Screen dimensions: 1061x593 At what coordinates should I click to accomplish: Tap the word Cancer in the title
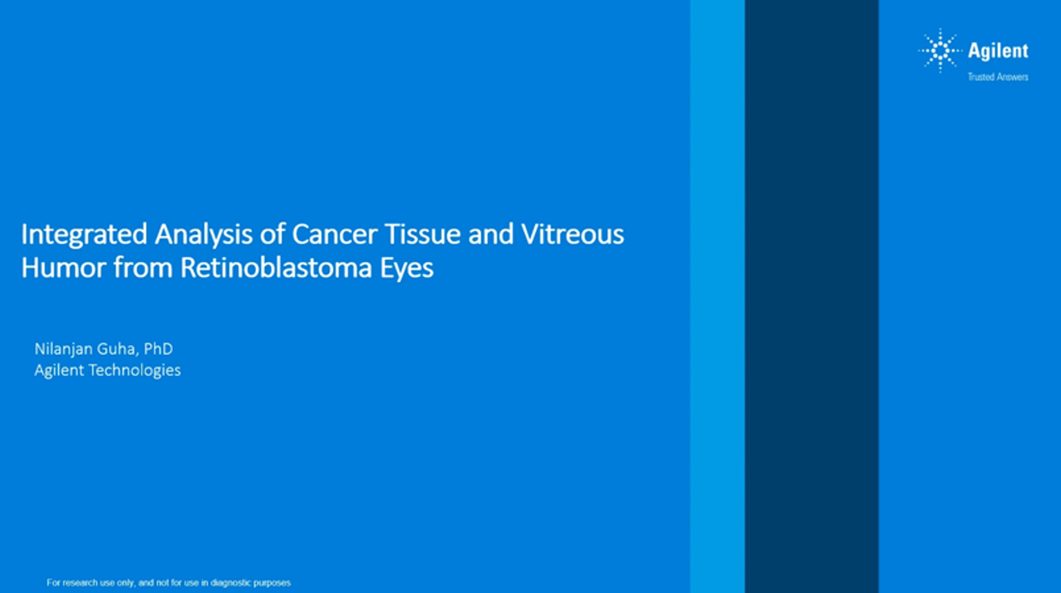[334, 234]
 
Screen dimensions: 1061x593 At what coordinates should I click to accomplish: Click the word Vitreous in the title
[572, 234]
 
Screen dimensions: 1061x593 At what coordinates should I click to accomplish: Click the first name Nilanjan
[64, 349]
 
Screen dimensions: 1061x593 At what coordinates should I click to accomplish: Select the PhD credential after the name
[158, 349]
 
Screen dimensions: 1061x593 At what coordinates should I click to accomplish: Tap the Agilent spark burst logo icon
[940, 51]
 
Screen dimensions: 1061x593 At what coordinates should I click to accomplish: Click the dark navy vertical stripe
[811, 297]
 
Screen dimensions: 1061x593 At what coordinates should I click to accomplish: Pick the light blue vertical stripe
[718, 297]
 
